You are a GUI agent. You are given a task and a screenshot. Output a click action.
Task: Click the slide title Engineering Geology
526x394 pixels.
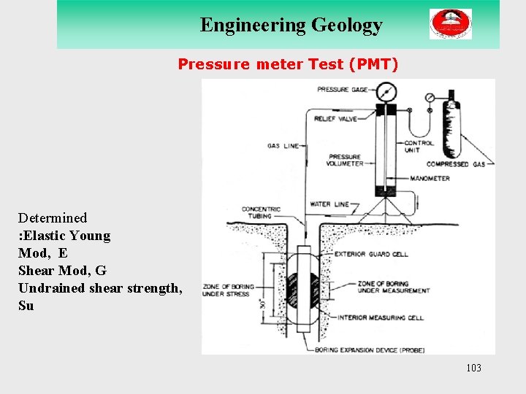pos(291,25)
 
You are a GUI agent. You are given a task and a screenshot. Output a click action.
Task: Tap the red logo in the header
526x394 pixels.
pos(450,24)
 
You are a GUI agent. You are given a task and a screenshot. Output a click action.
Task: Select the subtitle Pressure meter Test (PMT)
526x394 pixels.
pos(289,65)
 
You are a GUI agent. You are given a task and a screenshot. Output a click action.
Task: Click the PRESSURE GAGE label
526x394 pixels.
pos(343,90)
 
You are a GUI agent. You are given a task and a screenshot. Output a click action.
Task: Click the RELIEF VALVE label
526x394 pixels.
pos(335,118)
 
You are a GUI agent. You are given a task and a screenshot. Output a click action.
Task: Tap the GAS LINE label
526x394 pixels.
pos(283,146)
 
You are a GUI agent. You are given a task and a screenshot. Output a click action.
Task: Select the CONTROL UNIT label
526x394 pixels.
pos(419,147)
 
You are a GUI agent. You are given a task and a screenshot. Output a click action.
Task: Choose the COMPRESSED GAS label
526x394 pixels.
pos(456,165)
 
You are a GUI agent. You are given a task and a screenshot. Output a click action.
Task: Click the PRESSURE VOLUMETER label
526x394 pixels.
pos(346,161)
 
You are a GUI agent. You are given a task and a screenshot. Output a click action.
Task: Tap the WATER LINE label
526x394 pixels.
pos(329,205)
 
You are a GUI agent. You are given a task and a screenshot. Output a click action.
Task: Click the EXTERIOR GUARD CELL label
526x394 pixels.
pos(371,255)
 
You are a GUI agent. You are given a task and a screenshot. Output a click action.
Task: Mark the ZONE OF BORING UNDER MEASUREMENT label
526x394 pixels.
pos(393,287)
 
